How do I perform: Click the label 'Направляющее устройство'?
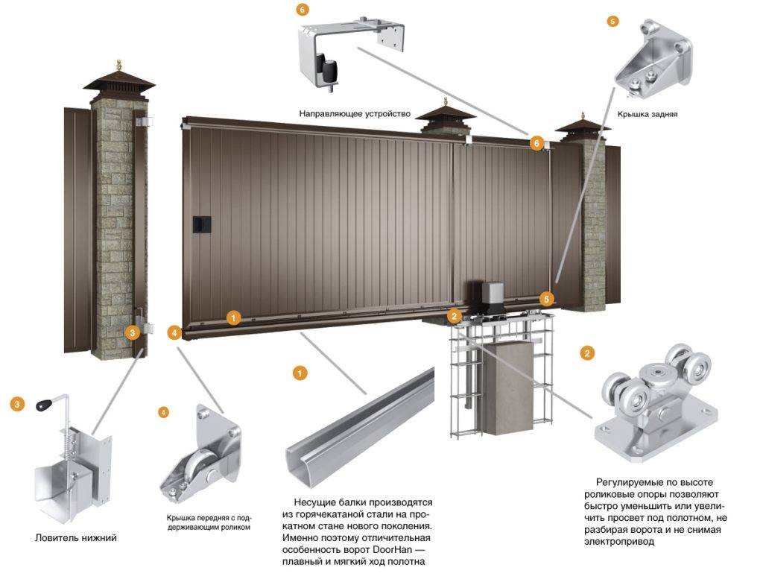tap(355, 114)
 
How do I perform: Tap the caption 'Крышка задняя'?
tap(647, 116)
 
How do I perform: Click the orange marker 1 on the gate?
tap(234, 318)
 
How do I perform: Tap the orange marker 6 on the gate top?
tap(536, 142)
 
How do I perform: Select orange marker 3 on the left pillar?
tap(133, 332)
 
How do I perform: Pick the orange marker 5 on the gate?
tap(548, 299)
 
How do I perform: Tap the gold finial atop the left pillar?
tap(118, 67)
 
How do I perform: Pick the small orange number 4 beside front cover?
tap(165, 411)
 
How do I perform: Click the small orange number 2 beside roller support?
tap(587, 353)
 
